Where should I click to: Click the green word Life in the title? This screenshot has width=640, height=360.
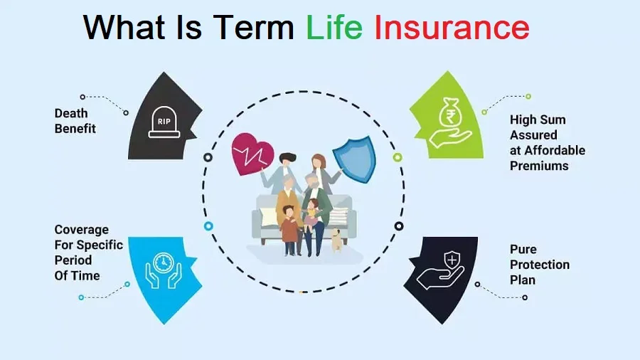click(x=334, y=28)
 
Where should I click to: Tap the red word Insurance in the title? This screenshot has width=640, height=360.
click(x=452, y=28)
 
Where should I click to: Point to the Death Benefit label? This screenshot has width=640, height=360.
click(x=75, y=121)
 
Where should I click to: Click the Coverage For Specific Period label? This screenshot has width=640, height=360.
click(x=87, y=253)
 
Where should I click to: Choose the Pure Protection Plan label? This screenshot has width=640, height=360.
click(x=539, y=265)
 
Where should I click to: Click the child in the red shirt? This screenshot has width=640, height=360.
click(x=289, y=228)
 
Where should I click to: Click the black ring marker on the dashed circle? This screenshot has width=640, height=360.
click(x=208, y=157)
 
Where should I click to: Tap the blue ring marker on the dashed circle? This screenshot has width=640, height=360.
click(x=208, y=226)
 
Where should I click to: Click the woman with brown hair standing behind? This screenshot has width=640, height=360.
click(x=320, y=171)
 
